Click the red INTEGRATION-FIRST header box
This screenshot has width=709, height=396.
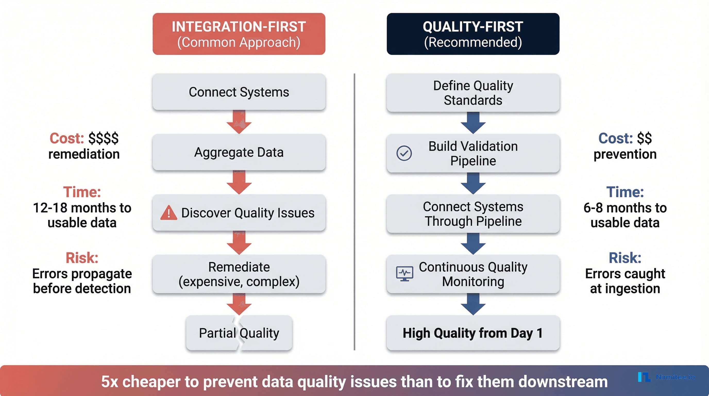click(239, 34)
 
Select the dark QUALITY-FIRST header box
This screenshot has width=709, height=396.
click(473, 34)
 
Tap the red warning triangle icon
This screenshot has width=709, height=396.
click(168, 213)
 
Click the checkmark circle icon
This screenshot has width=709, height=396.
click(404, 153)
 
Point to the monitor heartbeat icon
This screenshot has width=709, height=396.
click(404, 274)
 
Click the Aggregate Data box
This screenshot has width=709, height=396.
click(239, 152)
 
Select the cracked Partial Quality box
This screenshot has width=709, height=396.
click(239, 333)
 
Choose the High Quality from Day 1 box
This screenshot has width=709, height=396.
click(473, 333)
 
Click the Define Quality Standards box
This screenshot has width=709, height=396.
click(473, 93)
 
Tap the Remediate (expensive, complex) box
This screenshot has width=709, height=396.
click(239, 274)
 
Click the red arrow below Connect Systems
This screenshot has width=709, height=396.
click(239, 122)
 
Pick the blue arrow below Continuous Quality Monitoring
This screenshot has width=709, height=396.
click(473, 304)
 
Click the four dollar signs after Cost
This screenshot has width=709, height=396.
click(104, 138)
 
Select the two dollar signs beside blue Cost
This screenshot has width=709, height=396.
click(644, 138)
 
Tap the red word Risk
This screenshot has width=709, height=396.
click(82, 258)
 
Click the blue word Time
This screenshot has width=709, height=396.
click(625, 192)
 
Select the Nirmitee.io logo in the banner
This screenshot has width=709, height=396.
click(666, 377)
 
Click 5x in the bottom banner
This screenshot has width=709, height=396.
click(109, 382)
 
